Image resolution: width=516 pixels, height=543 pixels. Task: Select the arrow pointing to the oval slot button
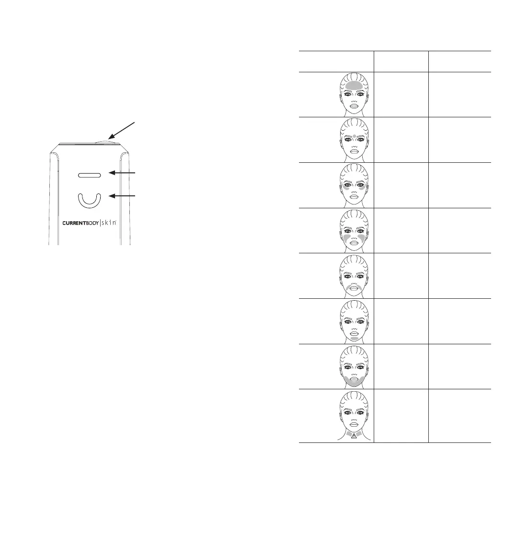pyautogui.click(x=126, y=172)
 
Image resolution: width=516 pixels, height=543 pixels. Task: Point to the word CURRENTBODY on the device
pyautogui.click(x=81, y=223)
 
